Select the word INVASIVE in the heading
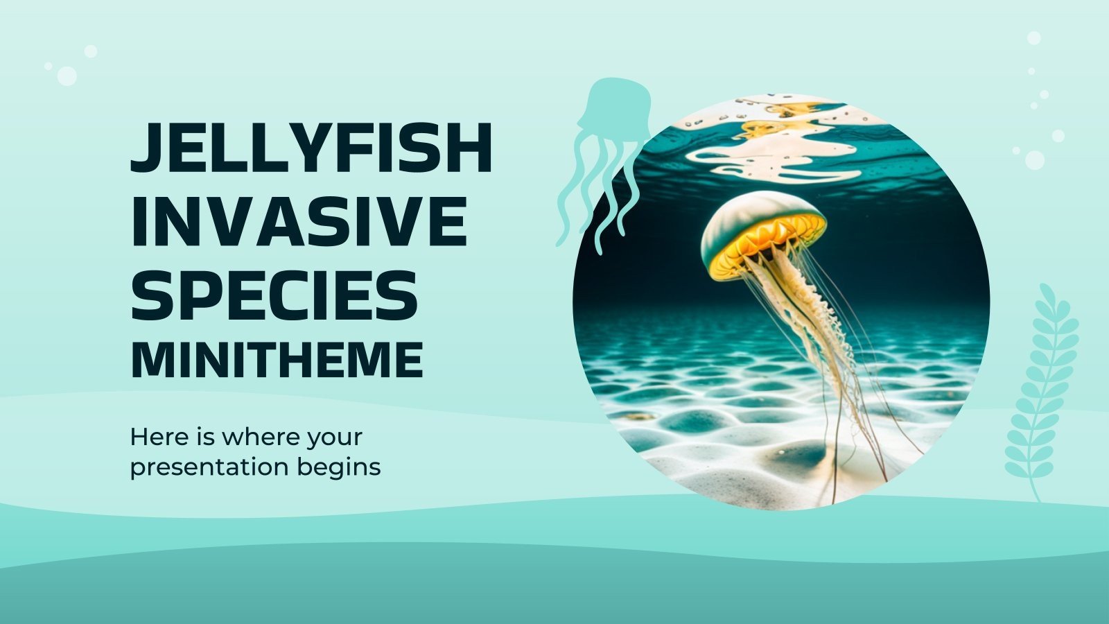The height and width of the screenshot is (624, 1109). [x=299, y=221]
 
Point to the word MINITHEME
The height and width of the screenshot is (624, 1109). [x=277, y=359]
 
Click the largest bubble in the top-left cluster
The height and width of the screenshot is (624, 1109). [x=67, y=76]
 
